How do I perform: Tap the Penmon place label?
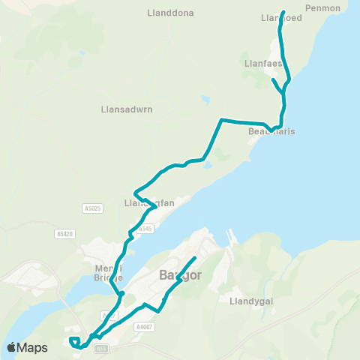pos(324,8)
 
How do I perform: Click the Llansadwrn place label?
pos(127,109)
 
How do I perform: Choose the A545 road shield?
pos(145,229)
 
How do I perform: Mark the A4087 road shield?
pos(144,326)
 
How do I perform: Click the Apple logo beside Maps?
pos(12,347)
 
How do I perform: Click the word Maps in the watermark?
pos(33,347)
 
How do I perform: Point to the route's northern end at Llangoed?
pos(283,11)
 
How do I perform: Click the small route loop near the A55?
pos(74,343)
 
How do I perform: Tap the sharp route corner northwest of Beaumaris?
pos(220,119)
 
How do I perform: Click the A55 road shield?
pos(102,349)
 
